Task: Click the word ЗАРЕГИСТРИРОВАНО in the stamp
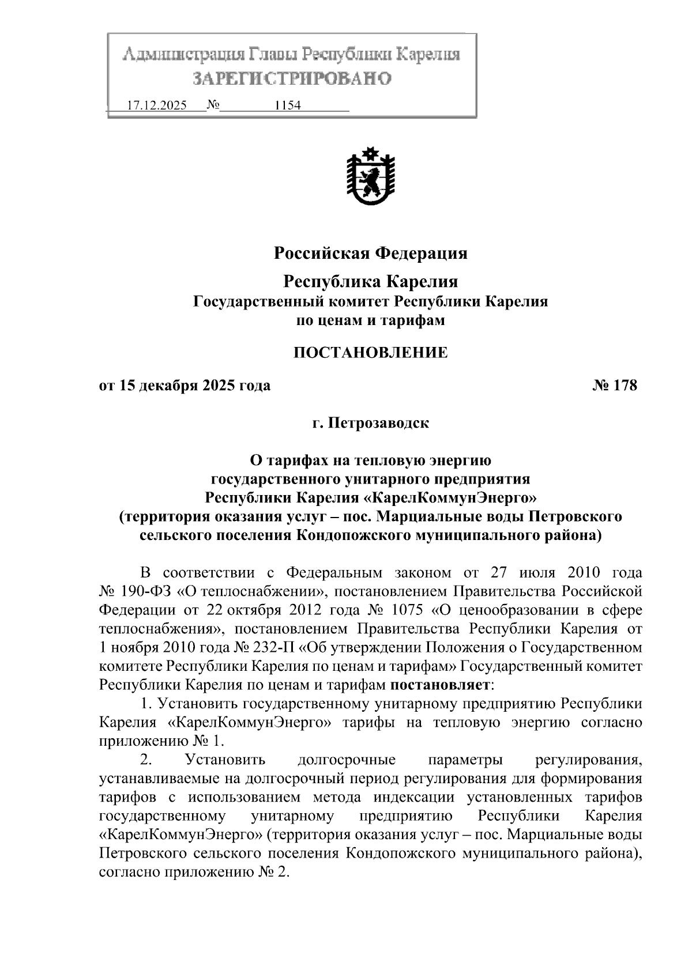click(x=291, y=78)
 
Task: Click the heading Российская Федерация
click(x=370, y=253)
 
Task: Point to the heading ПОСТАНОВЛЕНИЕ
click(x=370, y=353)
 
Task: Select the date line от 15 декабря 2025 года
click(x=185, y=386)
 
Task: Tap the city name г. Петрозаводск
click(x=370, y=424)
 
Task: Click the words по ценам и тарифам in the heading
click(x=370, y=320)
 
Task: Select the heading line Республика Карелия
click(x=370, y=281)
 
